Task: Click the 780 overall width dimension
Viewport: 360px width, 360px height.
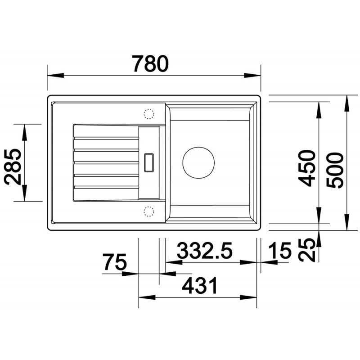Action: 150,63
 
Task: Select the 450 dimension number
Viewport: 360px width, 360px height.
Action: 306,168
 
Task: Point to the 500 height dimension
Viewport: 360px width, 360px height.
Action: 335,171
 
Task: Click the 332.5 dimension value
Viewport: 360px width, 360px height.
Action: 205,250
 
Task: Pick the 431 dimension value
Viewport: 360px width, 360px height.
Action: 200,286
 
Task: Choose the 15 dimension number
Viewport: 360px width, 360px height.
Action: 279,250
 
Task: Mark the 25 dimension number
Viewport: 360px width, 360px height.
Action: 306,250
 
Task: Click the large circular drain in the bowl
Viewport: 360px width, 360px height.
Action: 198,162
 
